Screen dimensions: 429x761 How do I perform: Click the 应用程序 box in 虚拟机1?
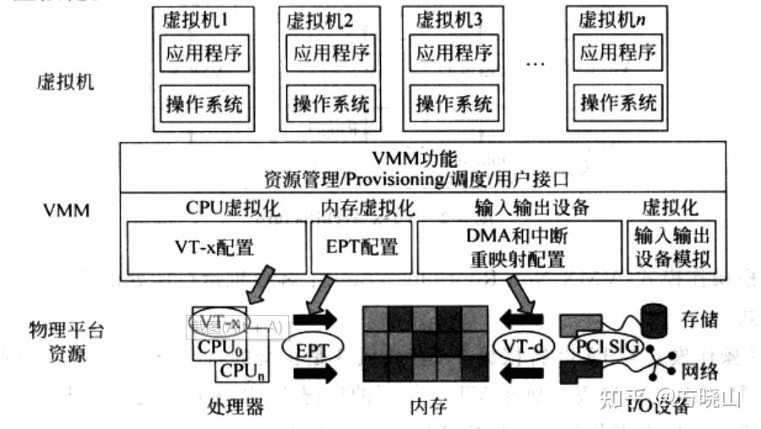[204, 54]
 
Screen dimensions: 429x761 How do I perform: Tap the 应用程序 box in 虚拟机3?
[454, 54]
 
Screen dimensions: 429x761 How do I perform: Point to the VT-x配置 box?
[215, 247]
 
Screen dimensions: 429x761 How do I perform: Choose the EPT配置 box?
[362, 247]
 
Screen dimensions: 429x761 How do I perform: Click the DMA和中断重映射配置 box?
[518, 248]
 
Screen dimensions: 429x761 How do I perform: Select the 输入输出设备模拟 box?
[671, 248]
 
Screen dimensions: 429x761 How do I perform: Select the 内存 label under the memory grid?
[427, 407]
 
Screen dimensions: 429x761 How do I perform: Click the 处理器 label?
[235, 407]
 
